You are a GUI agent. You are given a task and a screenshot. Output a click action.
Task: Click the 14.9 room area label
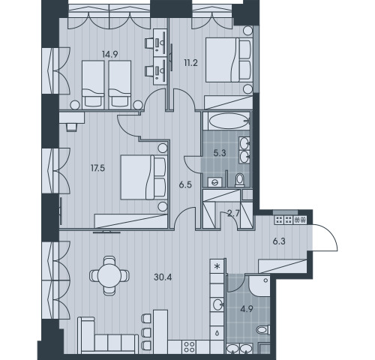(x=110, y=54)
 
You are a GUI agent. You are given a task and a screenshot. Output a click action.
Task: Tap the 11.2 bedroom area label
(x=190, y=63)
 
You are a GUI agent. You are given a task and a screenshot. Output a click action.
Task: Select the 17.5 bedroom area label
(x=97, y=168)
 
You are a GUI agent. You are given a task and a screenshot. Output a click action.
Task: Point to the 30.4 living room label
(x=163, y=277)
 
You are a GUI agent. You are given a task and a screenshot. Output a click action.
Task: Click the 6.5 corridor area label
(x=185, y=185)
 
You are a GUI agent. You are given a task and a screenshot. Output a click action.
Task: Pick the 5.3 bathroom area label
(x=220, y=153)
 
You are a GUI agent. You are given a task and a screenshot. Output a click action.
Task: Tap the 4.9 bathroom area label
(x=247, y=309)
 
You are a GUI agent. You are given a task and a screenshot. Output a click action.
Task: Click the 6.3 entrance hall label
(x=279, y=241)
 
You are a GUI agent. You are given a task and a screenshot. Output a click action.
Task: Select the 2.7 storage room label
(x=233, y=214)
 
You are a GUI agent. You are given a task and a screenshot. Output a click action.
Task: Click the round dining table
(x=109, y=276)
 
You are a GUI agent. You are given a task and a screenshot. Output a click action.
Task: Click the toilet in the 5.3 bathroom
(x=239, y=180)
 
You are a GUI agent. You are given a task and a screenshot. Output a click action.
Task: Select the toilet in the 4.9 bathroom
(x=263, y=331)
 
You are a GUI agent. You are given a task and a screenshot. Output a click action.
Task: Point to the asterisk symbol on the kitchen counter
(x=217, y=266)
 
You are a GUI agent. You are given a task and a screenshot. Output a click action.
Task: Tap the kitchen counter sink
(x=217, y=304)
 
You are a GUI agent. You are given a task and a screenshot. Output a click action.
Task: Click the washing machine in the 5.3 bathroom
(x=214, y=182)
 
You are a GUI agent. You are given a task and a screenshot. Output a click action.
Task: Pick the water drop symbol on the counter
(x=217, y=333)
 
